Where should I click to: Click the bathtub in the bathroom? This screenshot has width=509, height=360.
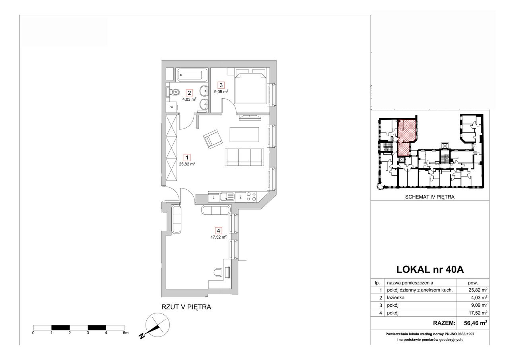tap(191, 75)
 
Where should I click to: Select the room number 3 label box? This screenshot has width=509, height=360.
tap(221, 85)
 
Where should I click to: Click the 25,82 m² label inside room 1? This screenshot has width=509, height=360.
tap(187, 164)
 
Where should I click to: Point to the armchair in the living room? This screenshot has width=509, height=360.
tap(213, 139)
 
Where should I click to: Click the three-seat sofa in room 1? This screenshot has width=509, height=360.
tap(244, 157)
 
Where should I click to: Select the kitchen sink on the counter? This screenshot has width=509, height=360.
tap(227, 197)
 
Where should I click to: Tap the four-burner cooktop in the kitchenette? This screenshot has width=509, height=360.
tap(251, 197)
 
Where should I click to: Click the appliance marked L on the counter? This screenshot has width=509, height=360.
tap(214, 197)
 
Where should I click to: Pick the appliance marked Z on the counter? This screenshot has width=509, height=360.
tap(241, 197)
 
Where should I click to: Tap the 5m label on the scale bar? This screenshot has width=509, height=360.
tap(126, 333)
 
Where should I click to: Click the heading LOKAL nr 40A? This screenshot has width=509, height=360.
tap(430, 270)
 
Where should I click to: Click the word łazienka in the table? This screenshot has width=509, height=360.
tap(396, 298)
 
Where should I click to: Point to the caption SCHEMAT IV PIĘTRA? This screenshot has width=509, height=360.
tap(430, 197)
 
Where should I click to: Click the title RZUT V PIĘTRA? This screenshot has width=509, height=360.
tap(186, 307)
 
